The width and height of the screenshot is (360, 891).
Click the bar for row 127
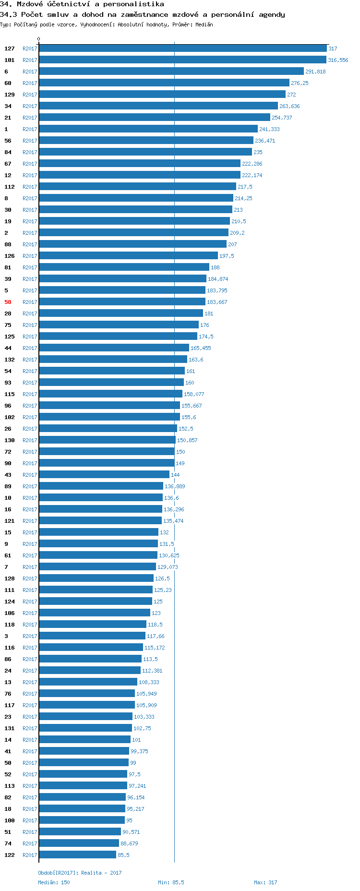click(x=182, y=48)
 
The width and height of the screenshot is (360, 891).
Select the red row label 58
click(x=8, y=302)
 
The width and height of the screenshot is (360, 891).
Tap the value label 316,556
click(x=338, y=60)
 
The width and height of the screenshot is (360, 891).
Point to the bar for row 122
click(x=77, y=855)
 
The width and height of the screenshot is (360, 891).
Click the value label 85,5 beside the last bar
click(x=123, y=855)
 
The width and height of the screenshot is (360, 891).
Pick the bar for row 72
click(x=107, y=452)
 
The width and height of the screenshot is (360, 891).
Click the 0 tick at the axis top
click(x=39, y=39)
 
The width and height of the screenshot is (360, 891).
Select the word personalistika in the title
click(x=133, y=4)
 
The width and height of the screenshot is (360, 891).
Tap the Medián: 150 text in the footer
click(x=54, y=882)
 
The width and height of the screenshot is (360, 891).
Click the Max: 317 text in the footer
click(x=265, y=882)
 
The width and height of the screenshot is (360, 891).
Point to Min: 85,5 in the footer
click(x=171, y=882)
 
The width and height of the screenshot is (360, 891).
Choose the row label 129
click(x=10, y=95)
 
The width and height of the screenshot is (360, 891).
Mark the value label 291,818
click(x=315, y=72)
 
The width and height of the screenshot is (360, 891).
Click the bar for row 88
click(x=132, y=244)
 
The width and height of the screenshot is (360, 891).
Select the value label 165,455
click(x=201, y=348)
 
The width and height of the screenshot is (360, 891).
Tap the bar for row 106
click(x=95, y=613)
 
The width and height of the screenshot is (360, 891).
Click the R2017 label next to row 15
click(x=30, y=532)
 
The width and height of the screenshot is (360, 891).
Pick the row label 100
click(x=10, y=820)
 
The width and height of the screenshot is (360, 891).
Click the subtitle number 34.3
click(x=8, y=14)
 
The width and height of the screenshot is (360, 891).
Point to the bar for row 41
click(x=84, y=751)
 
